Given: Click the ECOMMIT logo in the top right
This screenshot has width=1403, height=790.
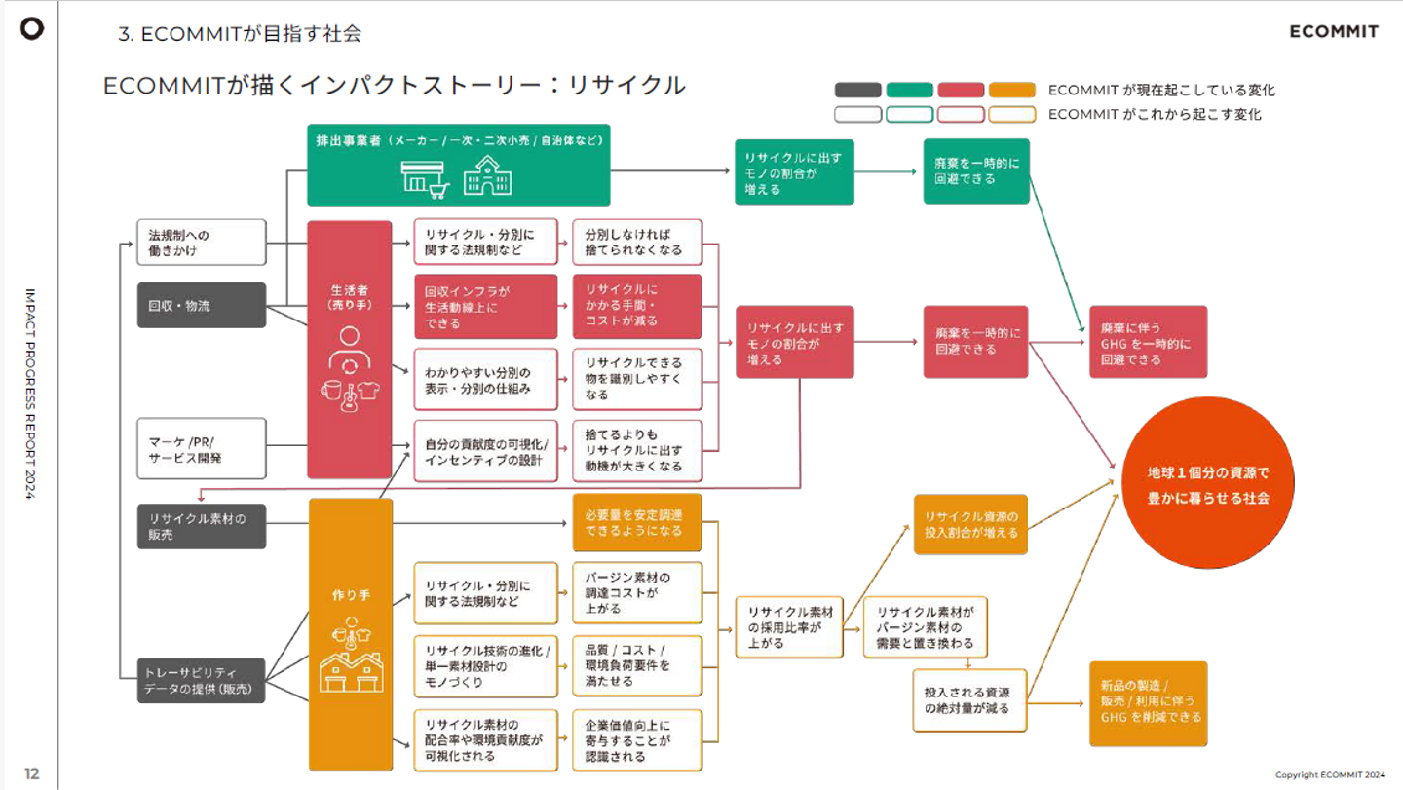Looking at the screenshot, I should coord(1334,31).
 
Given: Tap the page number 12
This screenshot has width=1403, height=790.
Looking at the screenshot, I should coord(32,773).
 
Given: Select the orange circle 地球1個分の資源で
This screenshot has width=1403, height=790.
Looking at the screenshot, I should coord(1208,484).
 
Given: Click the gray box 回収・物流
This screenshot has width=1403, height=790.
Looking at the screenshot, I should coord(202,306).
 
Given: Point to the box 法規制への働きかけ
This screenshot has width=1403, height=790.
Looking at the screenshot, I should coord(202,243).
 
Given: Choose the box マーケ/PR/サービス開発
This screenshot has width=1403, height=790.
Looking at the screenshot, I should coord(202,448).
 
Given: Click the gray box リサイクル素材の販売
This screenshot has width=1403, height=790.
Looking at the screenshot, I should coord(202,526).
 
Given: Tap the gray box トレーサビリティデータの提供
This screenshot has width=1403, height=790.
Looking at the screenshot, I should coord(202,680).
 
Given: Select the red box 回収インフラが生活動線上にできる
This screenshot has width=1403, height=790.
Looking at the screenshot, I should coord(485,306).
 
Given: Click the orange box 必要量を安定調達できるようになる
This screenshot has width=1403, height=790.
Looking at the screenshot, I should coord(637,522).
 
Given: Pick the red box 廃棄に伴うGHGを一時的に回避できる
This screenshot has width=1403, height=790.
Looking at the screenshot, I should coord(1148,343).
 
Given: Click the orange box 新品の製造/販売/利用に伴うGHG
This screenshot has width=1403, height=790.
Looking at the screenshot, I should coord(1148,704).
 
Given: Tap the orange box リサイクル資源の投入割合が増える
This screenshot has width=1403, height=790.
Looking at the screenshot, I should coord(970,524).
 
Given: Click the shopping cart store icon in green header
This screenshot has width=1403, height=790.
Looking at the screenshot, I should coord(426,176).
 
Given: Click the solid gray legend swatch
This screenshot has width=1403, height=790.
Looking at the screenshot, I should coord(858,91).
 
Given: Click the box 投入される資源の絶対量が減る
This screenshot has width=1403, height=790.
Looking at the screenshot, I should coord(968,699).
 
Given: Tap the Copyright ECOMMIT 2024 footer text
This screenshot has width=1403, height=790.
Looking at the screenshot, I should coord(1330,775).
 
